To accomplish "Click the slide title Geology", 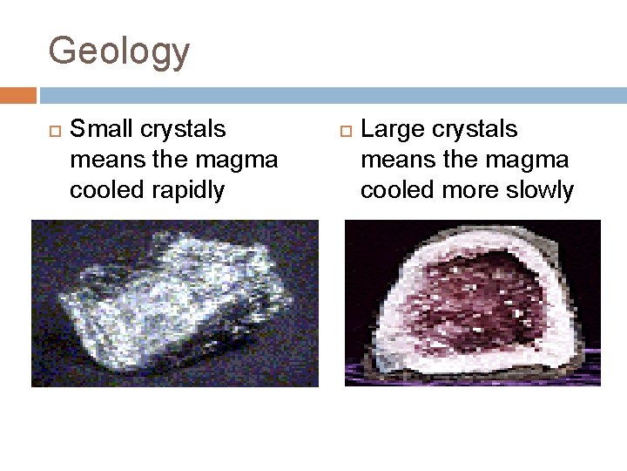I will (x=118, y=51).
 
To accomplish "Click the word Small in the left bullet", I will (x=98, y=129).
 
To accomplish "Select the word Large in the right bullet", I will (x=392, y=129).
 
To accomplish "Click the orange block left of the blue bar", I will (x=18, y=94).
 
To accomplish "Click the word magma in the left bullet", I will (x=241, y=160).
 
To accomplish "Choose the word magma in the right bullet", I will (x=532, y=160).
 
